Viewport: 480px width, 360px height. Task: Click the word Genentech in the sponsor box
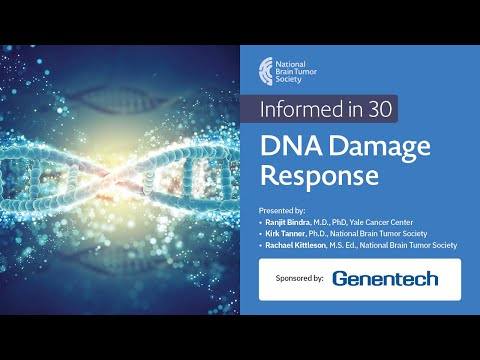[x=385, y=278]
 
